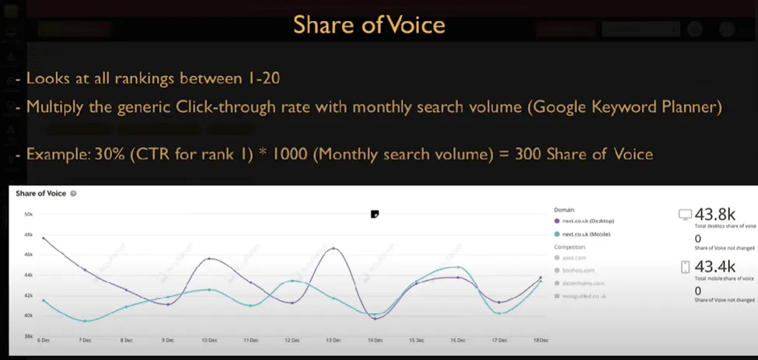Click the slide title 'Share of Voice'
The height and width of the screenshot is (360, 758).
coord(369,25)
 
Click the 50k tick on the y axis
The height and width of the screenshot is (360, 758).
coord(28,214)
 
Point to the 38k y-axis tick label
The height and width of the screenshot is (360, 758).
coord(28,336)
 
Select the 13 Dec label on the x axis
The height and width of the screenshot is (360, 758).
coord(334,341)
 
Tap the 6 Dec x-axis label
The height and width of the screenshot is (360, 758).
coord(44,341)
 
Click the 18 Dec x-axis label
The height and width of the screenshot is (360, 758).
coord(541,341)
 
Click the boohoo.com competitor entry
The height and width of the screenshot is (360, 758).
coord(578,270)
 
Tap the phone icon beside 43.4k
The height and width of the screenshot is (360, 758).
coord(685,267)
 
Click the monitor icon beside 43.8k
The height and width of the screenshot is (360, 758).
coord(685,215)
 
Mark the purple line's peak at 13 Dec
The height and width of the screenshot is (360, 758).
coord(334,248)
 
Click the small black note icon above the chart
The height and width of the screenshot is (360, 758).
coord(375,214)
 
